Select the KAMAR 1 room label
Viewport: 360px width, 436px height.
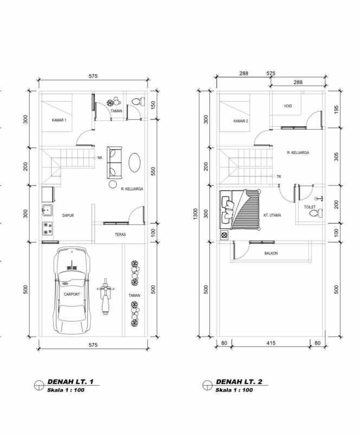pyautogui.click(x=59, y=120)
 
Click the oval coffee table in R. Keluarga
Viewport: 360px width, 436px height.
pyautogui.click(x=135, y=162)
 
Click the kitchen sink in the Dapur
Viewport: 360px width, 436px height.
pyautogui.click(x=47, y=210)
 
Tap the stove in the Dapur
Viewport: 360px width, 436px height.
pyautogui.click(x=47, y=229)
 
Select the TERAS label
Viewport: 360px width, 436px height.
pyautogui.click(x=120, y=235)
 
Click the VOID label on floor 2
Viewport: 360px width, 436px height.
pyautogui.click(x=287, y=106)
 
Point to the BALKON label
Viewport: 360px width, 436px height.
pyautogui.click(x=271, y=253)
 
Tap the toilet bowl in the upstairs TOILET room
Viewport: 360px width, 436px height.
pyautogui.click(x=313, y=215)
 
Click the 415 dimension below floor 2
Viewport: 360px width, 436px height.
pyautogui.click(x=271, y=343)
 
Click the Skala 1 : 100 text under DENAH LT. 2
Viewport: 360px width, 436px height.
pyautogui.click(x=234, y=390)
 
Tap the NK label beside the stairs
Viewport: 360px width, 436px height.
pyautogui.click(x=100, y=158)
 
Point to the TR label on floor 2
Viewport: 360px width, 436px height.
pyautogui.click(x=278, y=177)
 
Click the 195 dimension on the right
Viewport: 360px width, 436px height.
pyautogui.click(x=337, y=110)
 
